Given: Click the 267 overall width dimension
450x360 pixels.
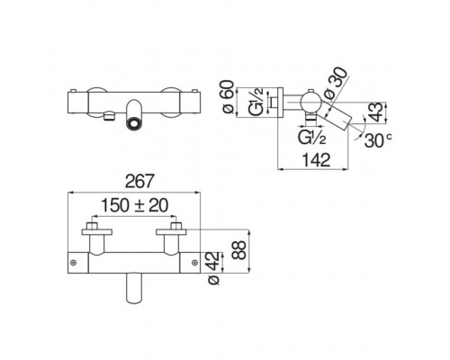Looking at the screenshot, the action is (x=139, y=181).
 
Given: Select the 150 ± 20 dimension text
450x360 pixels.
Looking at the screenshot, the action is (x=134, y=205).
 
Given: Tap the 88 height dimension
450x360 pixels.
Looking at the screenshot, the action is (x=239, y=250).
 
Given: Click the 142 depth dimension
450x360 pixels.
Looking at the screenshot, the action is (x=316, y=159).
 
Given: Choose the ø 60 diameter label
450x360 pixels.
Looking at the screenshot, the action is (x=228, y=96).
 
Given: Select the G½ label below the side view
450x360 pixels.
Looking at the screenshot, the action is (x=311, y=137).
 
